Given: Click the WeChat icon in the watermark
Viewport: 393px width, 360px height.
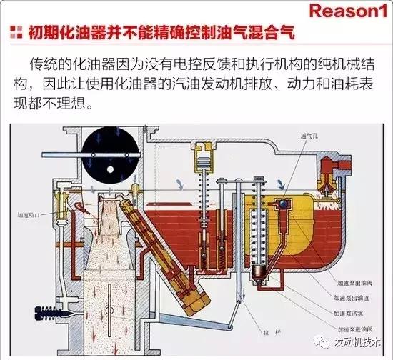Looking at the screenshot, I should tap(309, 341).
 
